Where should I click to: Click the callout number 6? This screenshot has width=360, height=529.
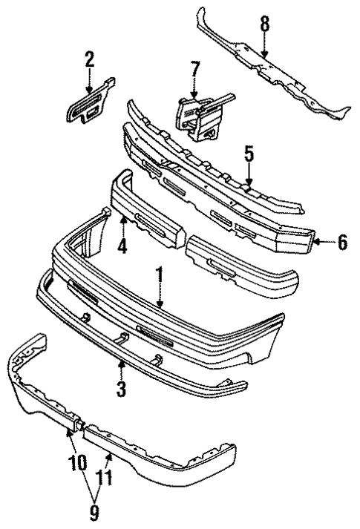point(341,242)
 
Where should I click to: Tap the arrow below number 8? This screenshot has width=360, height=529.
point(264,48)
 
